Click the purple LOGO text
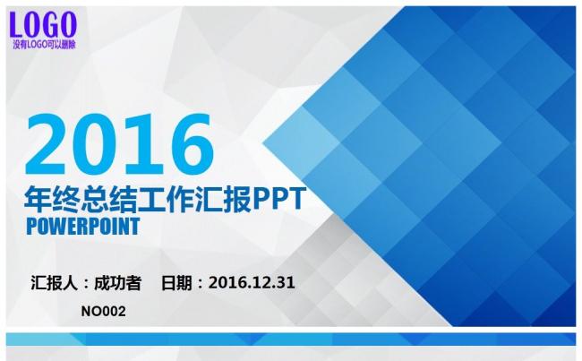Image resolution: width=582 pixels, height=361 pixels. pos(43,24)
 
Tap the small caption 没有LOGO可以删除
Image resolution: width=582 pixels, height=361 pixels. pos(44,45)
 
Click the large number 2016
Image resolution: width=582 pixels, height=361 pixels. pos(119,144)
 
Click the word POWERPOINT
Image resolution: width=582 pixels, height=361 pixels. pos(83,226)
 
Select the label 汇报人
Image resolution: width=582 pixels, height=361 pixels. pos(55,283)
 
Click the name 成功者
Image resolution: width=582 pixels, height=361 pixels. pos(117,283)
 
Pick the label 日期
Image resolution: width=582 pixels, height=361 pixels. pos(176,283)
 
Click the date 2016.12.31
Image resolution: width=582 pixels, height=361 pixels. pos(252,283)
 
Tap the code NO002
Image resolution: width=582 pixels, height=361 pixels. pos(104,311)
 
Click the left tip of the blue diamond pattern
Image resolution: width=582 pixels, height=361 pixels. pos(262,142)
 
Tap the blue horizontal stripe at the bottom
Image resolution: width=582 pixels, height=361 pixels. pos(291,340)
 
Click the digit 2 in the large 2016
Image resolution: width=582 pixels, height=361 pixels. pos(47,144)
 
